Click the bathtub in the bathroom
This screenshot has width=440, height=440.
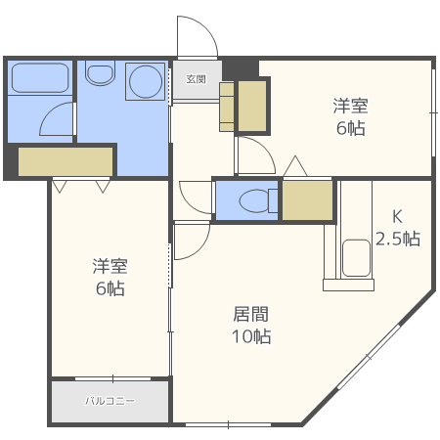pos(39,78)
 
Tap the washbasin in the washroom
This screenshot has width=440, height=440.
pos(100,72)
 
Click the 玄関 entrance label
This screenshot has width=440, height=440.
pos(196,79)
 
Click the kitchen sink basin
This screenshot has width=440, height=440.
pos(354,259)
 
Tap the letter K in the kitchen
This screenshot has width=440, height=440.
pos(398,217)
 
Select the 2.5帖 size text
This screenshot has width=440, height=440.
pos(398,239)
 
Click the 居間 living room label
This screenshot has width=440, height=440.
pos(251,314)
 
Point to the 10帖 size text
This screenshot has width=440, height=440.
pos(251,336)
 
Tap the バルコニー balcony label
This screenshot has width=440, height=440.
pos(110,401)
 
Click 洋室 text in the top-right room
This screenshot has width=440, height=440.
pos(349,106)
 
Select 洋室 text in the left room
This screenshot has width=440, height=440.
pos(110,266)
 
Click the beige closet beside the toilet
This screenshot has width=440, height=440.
pos(306,200)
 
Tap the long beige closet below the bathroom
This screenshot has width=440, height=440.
pos(66,160)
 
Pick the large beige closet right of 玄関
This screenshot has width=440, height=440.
pos(252,106)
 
